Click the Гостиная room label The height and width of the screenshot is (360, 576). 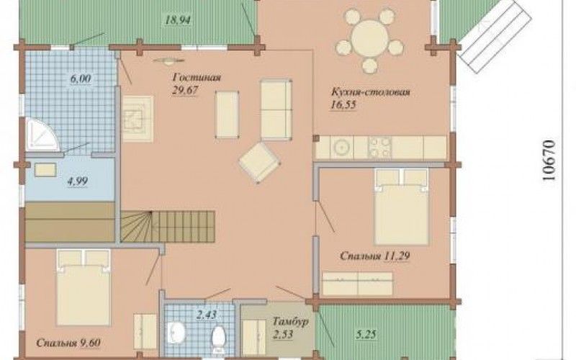[x=197, y=78]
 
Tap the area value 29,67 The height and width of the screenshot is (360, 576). [x=185, y=91]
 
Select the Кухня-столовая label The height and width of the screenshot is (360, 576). [x=370, y=91]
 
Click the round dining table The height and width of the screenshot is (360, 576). [x=369, y=38]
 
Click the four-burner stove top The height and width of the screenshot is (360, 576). [x=380, y=148]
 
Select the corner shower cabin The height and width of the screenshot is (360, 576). [x=42, y=135]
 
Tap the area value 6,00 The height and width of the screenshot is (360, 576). [x=81, y=78]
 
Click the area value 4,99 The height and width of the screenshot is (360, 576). [x=78, y=181]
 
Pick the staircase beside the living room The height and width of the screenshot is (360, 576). [x=168, y=226]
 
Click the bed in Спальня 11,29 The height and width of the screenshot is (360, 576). [x=402, y=207]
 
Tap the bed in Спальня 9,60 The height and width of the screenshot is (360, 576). [x=84, y=287]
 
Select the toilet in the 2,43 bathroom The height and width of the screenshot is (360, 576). [x=218, y=336]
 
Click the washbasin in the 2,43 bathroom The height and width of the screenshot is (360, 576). [x=176, y=333]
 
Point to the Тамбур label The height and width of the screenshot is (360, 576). [x=290, y=321]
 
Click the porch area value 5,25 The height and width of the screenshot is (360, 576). [x=366, y=334]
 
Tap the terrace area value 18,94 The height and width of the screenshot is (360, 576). [x=178, y=20]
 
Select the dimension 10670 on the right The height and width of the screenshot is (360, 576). [x=548, y=160]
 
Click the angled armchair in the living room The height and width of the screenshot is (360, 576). [x=260, y=162]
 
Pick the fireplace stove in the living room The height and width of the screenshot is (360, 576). [x=138, y=119]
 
